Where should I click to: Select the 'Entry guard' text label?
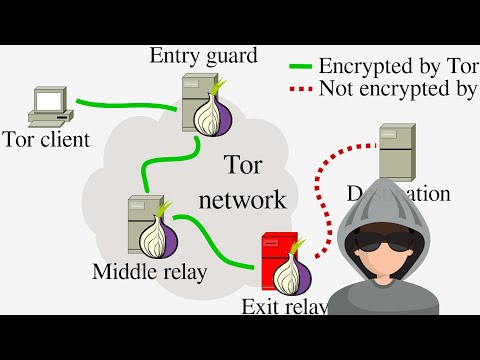pyautogui.click(x=203, y=55)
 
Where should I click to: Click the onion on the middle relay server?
pyautogui.click(x=161, y=237)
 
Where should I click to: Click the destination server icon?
pyautogui.click(x=397, y=151)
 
